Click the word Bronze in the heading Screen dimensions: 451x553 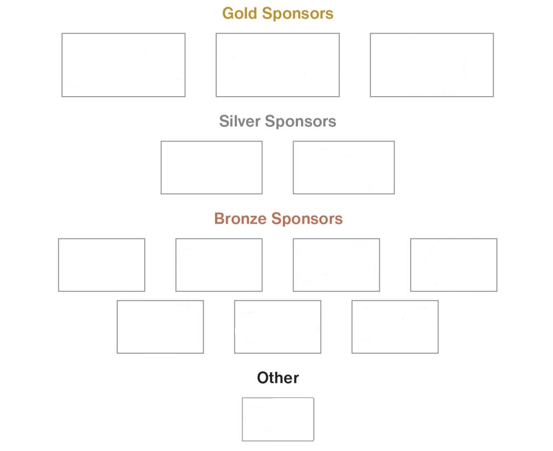pyautogui.click(x=240, y=219)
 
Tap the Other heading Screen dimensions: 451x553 pyautogui.click(x=278, y=378)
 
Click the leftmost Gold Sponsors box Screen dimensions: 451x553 pyautogui.click(x=123, y=65)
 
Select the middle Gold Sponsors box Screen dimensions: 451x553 pyautogui.click(x=278, y=65)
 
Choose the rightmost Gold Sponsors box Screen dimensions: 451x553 pyautogui.click(x=431, y=65)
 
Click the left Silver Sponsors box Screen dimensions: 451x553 pyautogui.click(x=212, y=167)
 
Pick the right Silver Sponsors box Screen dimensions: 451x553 pyautogui.click(x=343, y=167)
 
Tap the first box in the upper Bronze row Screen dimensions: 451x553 pyautogui.click(x=102, y=265)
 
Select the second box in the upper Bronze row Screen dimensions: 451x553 pyautogui.click(x=219, y=265)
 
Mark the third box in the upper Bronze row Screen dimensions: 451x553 pyautogui.click(x=336, y=265)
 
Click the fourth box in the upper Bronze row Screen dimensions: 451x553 pyautogui.click(x=454, y=265)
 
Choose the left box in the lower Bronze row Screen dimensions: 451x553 pyautogui.click(x=160, y=327)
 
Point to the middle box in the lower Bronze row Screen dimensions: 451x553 pyautogui.click(x=278, y=327)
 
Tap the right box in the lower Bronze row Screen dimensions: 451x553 pyautogui.click(x=395, y=327)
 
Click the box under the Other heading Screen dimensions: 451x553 pyautogui.click(x=278, y=419)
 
